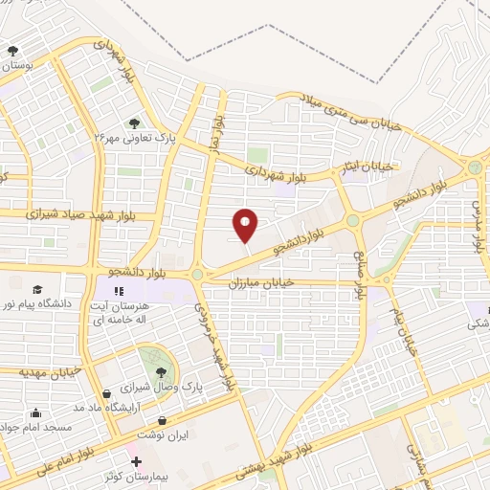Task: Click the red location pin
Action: click(x=246, y=225)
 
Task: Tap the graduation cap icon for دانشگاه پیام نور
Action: click(x=36, y=290)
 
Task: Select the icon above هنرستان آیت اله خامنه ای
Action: click(x=120, y=291)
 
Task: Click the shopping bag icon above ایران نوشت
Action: click(x=162, y=420)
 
